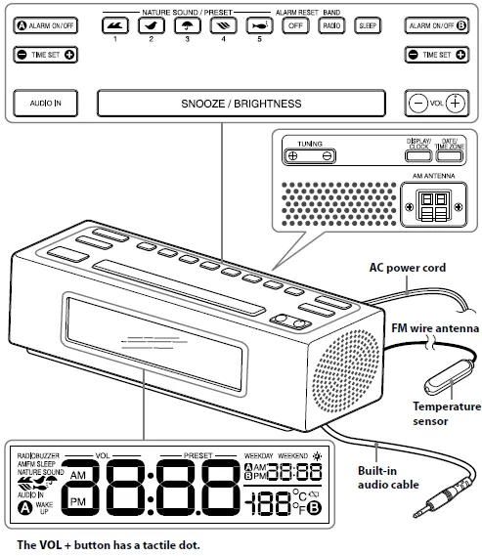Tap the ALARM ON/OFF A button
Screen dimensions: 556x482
pos(46,24)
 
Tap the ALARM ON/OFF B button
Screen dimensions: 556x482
pos(434,24)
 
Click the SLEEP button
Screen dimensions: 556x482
pos(368,25)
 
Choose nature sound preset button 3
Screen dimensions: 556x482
pos(186,25)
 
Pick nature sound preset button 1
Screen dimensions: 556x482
pos(114,25)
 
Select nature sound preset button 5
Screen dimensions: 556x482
pos(257,25)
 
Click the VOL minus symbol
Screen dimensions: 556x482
pos(417,102)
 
